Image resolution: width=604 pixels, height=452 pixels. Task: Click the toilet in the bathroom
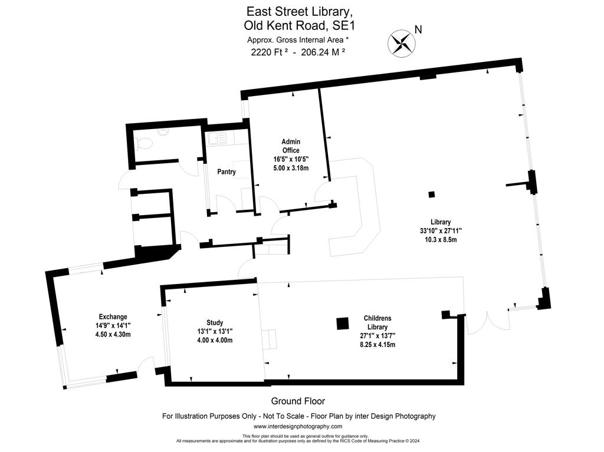145,144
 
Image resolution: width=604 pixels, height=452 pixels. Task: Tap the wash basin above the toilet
163,132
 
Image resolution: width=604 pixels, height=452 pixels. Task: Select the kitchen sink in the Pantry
217,138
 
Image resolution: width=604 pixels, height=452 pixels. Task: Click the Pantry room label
226,171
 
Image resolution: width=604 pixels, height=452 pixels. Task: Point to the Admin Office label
291,146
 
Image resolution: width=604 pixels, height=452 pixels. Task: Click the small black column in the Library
431,194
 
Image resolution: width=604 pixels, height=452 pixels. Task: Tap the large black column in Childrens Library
343,324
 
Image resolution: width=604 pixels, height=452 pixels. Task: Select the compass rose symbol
401,42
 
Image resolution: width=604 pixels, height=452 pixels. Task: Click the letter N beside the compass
418,29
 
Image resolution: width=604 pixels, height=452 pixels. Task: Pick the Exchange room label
113,317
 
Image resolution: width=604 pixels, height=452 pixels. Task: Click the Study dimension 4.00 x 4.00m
215,341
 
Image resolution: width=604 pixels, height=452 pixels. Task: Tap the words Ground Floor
298,401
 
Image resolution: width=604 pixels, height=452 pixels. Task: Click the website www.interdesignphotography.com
298,426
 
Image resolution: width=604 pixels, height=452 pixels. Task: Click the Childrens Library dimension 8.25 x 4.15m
377,345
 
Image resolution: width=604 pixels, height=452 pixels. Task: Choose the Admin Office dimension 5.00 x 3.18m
291,168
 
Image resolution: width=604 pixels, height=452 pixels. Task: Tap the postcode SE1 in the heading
344,26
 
